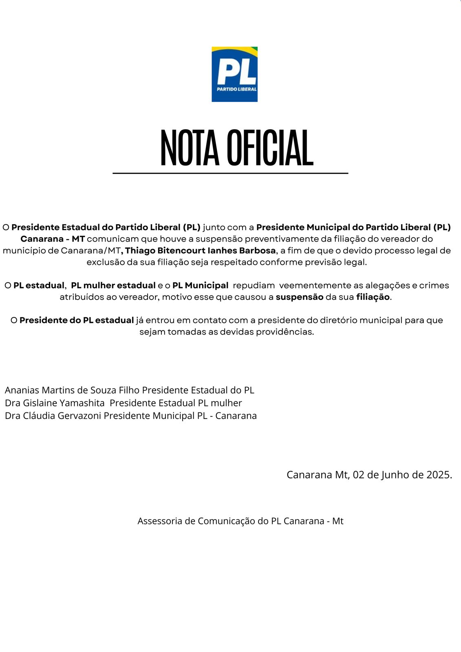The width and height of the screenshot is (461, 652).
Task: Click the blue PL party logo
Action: point(234,74)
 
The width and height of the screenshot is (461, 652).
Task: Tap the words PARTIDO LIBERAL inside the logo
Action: point(236,89)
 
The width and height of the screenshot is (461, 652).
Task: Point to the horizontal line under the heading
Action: point(230,173)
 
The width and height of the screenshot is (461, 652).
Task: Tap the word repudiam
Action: point(254,285)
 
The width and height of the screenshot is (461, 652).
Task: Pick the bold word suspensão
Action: point(299,297)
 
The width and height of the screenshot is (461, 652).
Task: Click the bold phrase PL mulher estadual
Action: point(113,285)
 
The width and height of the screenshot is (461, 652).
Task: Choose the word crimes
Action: point(434,285)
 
